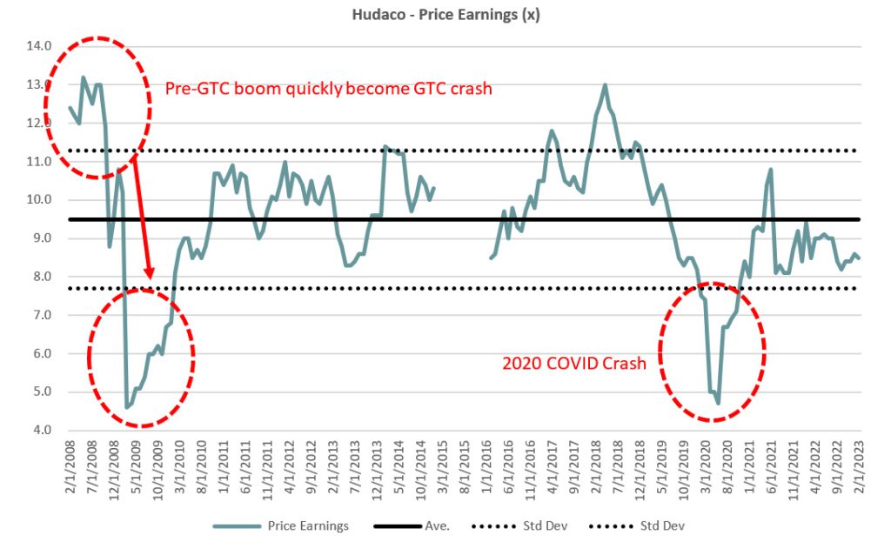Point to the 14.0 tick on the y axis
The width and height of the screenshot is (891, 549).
click(x=40, y=46)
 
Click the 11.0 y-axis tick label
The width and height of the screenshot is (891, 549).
click(x=40, y=162)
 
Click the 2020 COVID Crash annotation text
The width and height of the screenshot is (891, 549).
click(x=574, y=364)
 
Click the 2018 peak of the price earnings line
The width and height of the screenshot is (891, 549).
click(x=605, y=85)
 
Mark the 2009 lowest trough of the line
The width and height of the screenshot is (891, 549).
click(x=127, y=407)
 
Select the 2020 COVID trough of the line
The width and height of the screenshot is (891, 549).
click(x=718, y=403)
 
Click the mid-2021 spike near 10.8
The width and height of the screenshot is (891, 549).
click(x=771, y=170)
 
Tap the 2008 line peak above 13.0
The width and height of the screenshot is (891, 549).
click(x=84, y=77)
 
